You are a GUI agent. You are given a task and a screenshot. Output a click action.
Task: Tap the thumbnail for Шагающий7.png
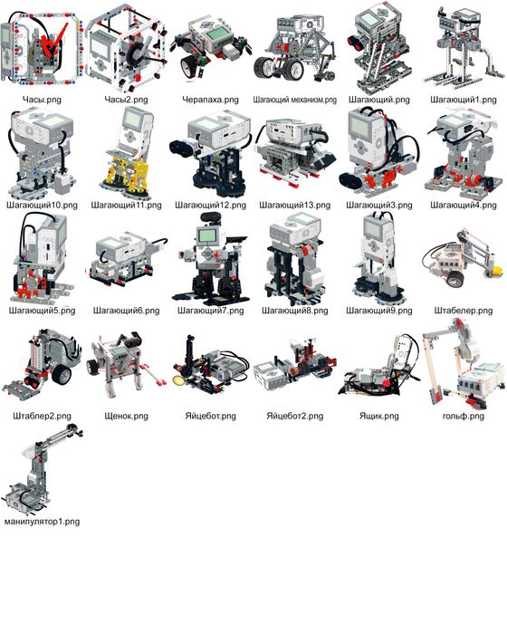click(209, 258)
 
